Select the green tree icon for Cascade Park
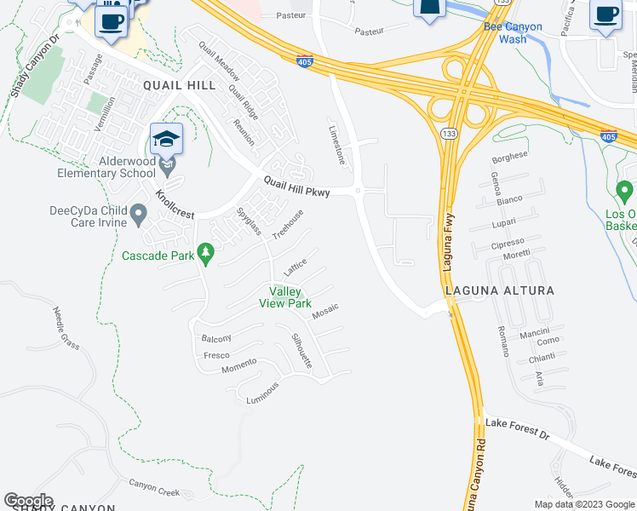pos(204,252)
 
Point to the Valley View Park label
pos(285,297)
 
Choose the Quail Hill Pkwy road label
pos(296,186)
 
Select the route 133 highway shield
pos(449,133)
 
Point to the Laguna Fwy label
pos(448,243)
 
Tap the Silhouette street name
pos(301,350)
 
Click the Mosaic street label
pos(325,312)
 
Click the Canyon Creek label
pos(154,488)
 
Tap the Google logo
pos(28,501)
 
